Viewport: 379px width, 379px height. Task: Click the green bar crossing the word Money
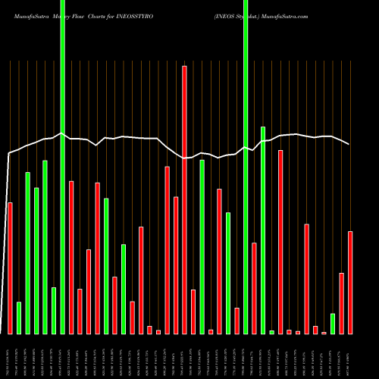pos(62,167)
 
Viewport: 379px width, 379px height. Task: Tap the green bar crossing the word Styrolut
pos(246,167)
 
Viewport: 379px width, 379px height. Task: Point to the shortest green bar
pos(271,332)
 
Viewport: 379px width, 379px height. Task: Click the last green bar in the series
pos(333,324)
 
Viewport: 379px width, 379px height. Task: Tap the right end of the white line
pos(349,144)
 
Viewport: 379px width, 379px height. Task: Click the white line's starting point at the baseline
pos(7,334)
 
